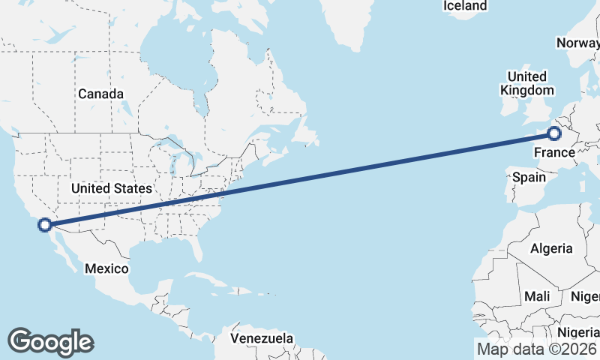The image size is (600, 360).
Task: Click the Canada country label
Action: [100, 94]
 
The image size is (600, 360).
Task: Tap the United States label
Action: [112, 188]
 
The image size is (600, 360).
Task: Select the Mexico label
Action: [106, 268]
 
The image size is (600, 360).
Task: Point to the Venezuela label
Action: [262, 339]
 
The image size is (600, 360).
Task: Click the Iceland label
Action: [465, 6]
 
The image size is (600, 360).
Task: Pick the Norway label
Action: [577, 43]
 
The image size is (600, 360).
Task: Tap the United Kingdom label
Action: [527, 83]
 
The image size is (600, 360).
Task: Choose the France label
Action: [554, 154]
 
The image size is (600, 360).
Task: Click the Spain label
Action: [529, 178]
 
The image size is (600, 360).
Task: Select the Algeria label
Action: [551, 248]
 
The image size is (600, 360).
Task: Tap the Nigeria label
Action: [578, 332]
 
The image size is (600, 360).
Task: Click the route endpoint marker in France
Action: [554, 134]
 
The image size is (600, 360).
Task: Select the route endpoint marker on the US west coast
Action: [45, 224]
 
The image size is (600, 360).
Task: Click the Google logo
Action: [50, 342]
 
